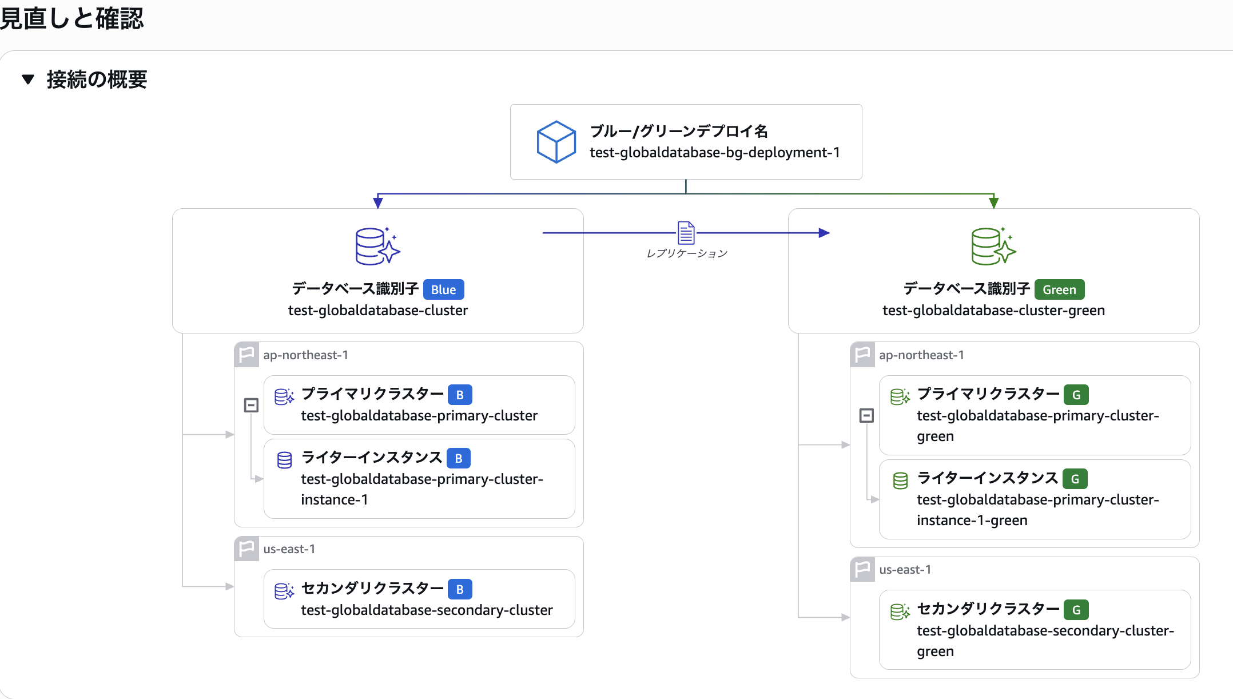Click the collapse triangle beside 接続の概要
[28, 79]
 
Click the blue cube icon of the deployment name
[556, 142]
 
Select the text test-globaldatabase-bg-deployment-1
[714, 153]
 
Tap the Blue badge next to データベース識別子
[443, 289]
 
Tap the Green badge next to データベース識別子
[1059, 289]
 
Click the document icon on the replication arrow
[686, 233]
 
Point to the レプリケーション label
[686, 253]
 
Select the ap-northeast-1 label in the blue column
[305, 355]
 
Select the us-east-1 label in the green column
[905, 570]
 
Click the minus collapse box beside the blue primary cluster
[251, 405]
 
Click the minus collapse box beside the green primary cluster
[866, 415]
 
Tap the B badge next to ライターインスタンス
[459, 458]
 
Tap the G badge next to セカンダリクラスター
[1076, 610]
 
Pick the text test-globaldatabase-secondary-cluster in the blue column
[427, 610]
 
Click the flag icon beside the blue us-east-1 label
[246, 549]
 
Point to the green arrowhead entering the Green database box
[994, 202]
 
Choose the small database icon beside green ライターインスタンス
[900, 480]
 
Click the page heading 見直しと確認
[71, 18]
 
